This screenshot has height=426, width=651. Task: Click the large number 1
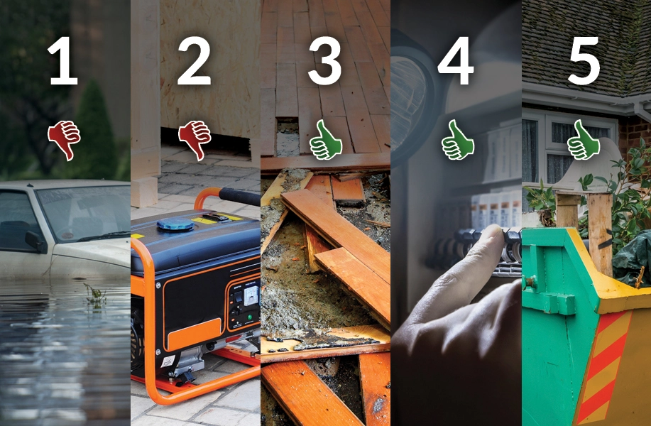(63, 62)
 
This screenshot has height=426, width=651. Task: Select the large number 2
(194, 62)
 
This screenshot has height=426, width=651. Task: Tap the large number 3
(324, 62)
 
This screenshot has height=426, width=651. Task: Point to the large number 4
(456, 62)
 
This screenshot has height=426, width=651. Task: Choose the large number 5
(584, 62)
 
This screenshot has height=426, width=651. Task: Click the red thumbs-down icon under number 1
(64, 139)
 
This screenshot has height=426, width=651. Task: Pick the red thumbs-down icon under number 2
(195, 139)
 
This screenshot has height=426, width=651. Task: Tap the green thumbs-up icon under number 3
(325, 139)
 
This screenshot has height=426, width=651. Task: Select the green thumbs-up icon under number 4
(457, 139)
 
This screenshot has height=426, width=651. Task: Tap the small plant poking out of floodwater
(94, 293)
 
